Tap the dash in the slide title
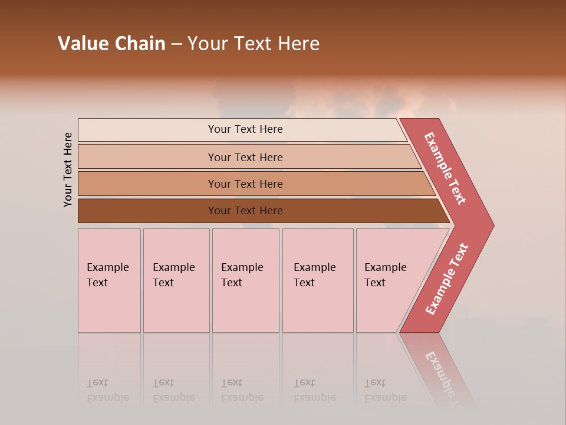click(x=176, y=44)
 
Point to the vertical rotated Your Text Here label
click(x=68, y=169)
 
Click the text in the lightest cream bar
click(x=245, y=129)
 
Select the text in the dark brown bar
click(x=245, y=211)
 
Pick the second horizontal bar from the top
click(x=245, y=157)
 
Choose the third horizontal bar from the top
click(x=245, y=184)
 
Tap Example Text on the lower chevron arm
click(x=447, y=279)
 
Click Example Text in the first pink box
click(x=107, y=275)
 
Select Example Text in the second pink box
click(x=173, y=275)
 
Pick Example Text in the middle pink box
click(x=242, y=275)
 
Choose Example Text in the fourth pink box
click(x=314, y=275)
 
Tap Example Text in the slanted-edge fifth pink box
click(x=385, y=275)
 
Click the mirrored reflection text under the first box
click(x=107, y=390)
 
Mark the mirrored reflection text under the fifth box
click(x=385, y=390)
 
